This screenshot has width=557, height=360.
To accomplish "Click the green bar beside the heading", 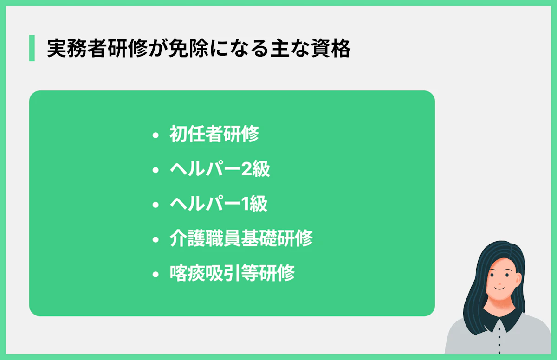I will (32, 48).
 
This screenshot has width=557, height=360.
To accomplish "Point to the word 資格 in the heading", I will (332, 48).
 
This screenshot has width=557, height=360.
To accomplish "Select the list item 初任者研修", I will (214, 135).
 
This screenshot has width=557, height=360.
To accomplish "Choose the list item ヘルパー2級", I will (220, 169).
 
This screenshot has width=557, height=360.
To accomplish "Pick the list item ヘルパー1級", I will (219, 204).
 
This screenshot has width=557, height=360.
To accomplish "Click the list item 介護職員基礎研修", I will (241, 239).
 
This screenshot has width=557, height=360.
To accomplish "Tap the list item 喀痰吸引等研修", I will (232, 273).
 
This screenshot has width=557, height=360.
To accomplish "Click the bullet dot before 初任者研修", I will (155, 135).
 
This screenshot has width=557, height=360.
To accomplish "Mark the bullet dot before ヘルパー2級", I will (155, 170).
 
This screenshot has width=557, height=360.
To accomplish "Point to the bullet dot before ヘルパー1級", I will (155, 205).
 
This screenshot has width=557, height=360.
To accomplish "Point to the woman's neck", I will (499, 308).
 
